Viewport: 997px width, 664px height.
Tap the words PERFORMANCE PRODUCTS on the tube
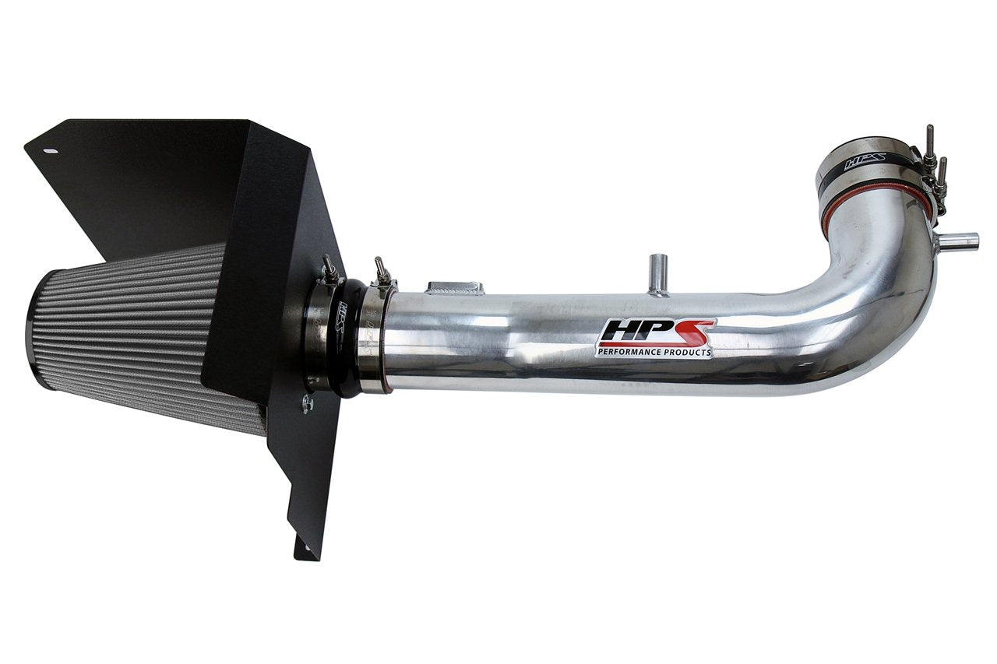coord(654,353)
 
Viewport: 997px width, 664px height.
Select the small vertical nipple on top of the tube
coord(658,272)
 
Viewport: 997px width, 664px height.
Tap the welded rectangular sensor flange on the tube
coord(454,288)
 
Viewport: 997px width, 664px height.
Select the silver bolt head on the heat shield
coord(308,402)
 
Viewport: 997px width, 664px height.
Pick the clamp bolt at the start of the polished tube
coord(382,270)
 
